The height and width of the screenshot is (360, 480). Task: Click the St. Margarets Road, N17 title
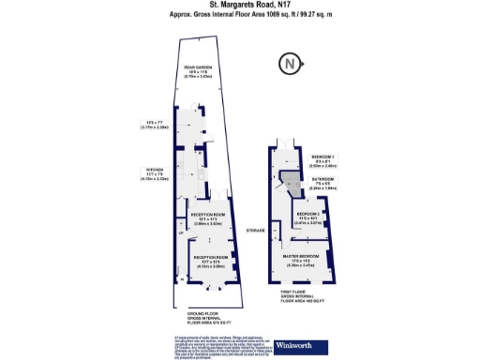pos(239,7)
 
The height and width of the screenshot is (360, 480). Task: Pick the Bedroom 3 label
pos(323,157)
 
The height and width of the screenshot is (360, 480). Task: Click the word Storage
pos(255,230)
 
